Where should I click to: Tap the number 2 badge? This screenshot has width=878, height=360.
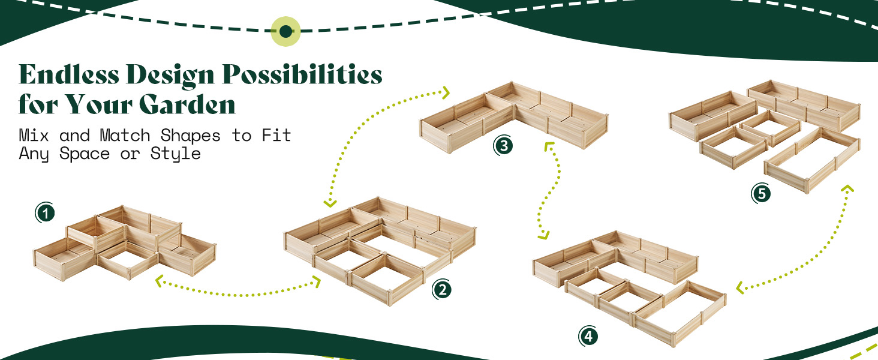point(442,290)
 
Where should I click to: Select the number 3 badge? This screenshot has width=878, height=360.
point(503,146)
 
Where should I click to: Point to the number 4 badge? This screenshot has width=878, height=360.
point(588,337)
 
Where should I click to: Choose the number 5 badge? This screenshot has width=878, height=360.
point(761,194)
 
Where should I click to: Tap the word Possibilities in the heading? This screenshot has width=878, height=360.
point(302,76)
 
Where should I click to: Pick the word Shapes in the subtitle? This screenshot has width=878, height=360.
point(191,136)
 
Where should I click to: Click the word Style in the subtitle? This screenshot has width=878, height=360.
point(176,154)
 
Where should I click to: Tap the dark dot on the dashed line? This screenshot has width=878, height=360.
point(286,31)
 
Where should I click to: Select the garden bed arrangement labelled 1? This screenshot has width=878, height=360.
point(123,243)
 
